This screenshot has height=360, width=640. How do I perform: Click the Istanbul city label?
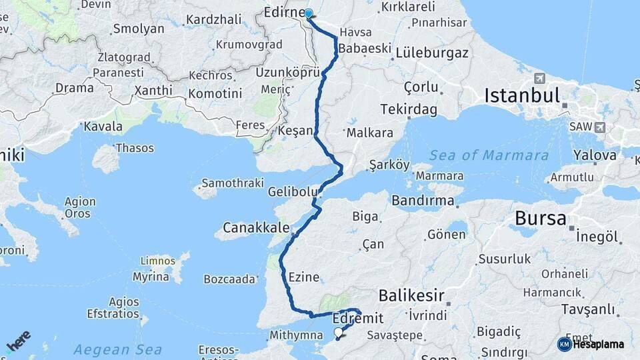click(522, 95)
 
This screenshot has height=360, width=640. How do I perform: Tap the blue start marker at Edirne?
click(309, 13)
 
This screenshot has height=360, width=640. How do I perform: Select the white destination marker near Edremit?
click(339, 332)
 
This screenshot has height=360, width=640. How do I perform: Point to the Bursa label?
click(541, 218)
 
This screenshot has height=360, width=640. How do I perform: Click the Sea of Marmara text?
click(489, 156)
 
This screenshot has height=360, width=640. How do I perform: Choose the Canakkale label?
click(257, 227)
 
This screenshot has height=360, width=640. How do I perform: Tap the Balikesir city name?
click(411, 295)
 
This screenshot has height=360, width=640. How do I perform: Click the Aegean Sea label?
click(117, 349)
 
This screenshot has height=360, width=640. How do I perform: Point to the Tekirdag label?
click(409, 109)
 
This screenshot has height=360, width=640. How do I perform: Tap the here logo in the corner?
click(18, 341)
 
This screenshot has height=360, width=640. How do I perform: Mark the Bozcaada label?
click(229, 279)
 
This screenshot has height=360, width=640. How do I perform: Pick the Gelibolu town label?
click(293, 192)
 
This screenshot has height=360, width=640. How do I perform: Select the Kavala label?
click(103, 126)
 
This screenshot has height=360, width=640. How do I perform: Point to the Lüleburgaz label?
click(432, 53)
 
